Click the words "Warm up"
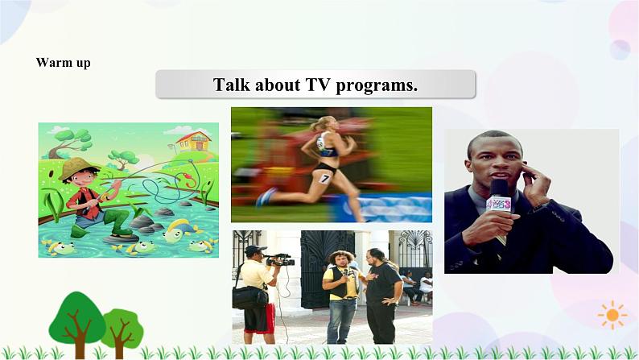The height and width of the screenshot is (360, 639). pyautogui.click(x=63, y=63)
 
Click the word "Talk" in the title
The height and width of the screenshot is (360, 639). pyautogui.click(x=233, y=85)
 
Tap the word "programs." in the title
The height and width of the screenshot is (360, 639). pyautogui.click(x=378, y=85)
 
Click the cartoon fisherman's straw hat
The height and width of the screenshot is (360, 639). pyautogui.click(x=76, y=167)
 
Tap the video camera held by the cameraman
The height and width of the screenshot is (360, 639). pyautogui.click(x=280, y=259)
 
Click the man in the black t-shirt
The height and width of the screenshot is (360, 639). pyautogui.click(x=381, y=290)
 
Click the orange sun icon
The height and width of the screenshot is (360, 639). pyautogui.click(x=612, y=314)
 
